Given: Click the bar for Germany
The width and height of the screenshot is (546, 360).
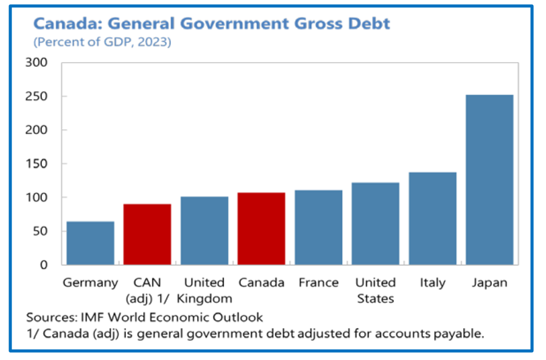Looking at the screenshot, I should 90,243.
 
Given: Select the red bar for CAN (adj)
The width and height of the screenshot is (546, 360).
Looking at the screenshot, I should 147,234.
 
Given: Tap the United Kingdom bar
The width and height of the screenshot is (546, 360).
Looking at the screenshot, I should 204,231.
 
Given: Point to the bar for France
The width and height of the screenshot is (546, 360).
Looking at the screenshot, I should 318,228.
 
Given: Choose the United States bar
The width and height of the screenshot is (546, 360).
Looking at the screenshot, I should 375,224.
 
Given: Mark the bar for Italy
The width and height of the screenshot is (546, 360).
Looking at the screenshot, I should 432,218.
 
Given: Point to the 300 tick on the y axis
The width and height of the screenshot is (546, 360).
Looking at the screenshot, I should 36,63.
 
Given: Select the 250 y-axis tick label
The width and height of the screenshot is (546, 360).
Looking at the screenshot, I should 36,97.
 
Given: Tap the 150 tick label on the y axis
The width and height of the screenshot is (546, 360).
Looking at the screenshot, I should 36,164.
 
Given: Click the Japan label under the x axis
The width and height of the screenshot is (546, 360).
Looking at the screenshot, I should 489,283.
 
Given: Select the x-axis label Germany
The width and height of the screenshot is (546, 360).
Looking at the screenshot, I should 90,283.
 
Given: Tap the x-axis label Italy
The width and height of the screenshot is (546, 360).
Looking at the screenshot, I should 432,283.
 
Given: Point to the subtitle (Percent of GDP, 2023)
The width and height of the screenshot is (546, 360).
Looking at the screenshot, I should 102,42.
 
